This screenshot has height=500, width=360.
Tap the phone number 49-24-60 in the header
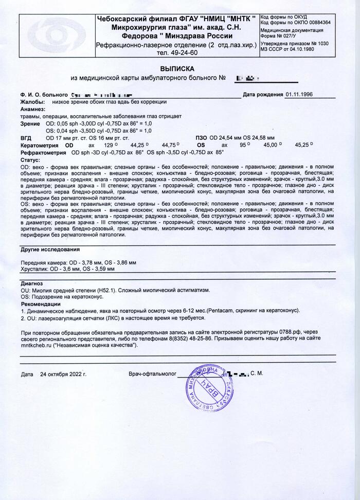(x=177, y=52)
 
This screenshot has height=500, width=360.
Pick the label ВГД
(x=26, y=138)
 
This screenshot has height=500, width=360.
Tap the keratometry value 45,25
(x=302, y=146)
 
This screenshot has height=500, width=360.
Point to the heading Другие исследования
(x=50, y=249)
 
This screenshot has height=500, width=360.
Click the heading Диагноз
(x=32, y=283)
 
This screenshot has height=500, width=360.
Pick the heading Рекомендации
(x=41, y=304)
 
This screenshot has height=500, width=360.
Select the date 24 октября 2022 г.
(x=63, y=373)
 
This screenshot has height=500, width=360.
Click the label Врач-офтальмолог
(x=152, y=373)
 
